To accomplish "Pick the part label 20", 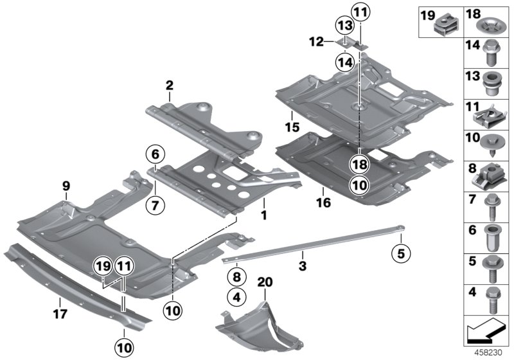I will point(265,282).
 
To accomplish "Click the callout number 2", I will point(169,85).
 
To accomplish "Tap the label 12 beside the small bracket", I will point(317,42).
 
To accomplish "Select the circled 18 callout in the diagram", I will point(359,164).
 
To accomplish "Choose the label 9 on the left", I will point(66,186).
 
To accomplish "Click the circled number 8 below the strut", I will point(236,278).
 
